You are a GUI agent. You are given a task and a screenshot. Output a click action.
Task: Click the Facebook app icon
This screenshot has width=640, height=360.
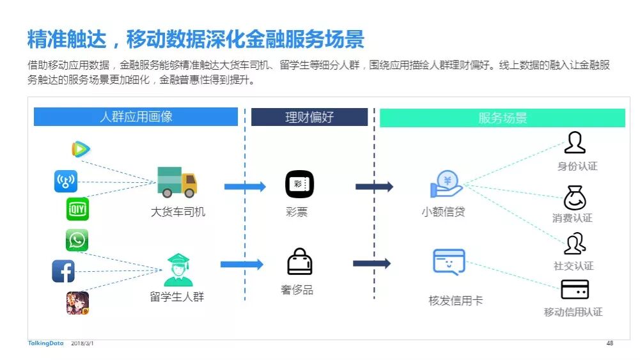click(x=63, y=272)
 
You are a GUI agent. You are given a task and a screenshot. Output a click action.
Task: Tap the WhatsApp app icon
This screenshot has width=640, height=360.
click(x=77, y=240)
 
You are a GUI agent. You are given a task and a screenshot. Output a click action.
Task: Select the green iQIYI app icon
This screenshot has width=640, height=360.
click(x=77, y=209)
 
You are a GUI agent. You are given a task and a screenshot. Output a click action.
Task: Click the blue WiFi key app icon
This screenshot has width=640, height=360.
click(x=65, y=182)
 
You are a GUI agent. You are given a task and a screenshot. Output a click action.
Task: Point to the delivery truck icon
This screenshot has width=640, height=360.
click(x=177, y=182)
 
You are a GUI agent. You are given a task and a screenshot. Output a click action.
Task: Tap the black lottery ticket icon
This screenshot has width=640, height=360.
click(x=299, y=184)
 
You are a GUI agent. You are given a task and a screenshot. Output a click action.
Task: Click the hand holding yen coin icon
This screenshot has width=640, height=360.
click(x=446, y=184)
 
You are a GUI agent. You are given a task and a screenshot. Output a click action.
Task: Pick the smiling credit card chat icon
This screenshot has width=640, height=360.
click(x=449, y=262)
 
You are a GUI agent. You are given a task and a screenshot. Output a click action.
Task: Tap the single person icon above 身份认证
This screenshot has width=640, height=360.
click(x=575, y=143)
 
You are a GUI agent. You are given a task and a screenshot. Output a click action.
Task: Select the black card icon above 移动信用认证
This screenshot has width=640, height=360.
click(x=574, y=290)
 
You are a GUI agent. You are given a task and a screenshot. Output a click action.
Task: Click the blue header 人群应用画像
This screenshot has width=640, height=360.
click(x=136, y=117)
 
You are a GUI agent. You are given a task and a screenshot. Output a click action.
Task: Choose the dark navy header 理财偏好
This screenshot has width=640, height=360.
click(x=309, y=117)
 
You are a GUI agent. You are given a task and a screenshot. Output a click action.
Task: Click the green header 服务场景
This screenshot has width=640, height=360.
click(x=503, y=118)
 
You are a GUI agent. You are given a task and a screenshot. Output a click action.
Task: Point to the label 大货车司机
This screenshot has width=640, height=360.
click(x=178, y=212)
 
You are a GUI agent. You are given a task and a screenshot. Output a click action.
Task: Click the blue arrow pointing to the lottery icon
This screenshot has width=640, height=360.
click(x=244, y=187)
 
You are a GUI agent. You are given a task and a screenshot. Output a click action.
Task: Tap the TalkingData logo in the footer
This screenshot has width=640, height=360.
click(x=45, y=343)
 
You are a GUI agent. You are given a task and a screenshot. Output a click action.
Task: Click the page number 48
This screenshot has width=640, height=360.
click(x=609, y=343)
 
